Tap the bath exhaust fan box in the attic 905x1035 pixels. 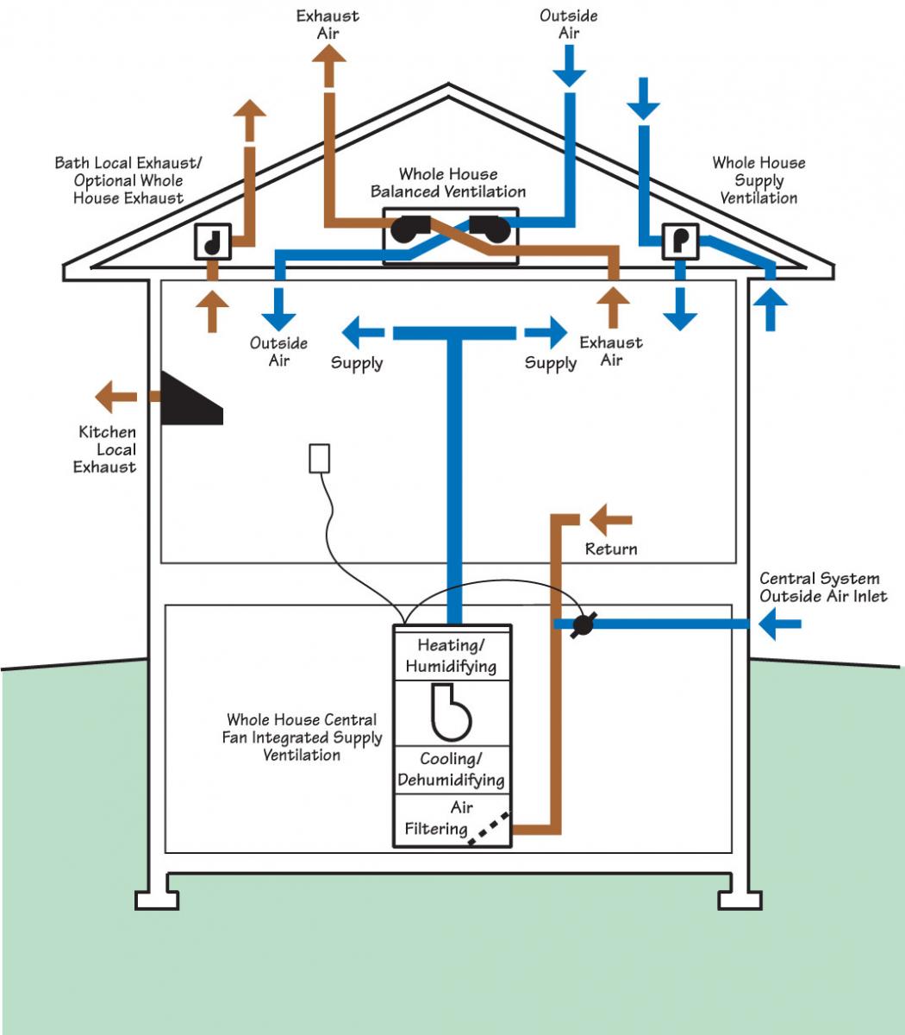[x=213, y=241]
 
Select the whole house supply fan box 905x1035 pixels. [x=681, y=241]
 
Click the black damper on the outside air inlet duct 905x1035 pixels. [x=583, y=624]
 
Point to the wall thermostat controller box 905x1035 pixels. [x=319, y=458]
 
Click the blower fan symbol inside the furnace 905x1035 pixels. [x=451, y=712]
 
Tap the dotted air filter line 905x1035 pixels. [x=489, y=828]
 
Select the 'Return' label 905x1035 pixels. [x=611, y=549]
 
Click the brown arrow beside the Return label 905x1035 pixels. [x=611, y=520]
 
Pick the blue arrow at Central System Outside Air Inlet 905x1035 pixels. [x=780, y=624]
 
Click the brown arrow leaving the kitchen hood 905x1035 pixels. [x=115, y=397]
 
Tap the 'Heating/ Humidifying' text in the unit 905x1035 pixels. [x=451, y=655]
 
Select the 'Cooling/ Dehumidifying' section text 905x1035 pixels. [x=451, y=768]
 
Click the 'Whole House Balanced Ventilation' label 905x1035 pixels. [x=448, y=183]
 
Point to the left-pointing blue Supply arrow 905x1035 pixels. [x=363, y=332]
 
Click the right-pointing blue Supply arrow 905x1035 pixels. [x=546, y=332]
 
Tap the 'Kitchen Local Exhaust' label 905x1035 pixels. [x=104, y=449]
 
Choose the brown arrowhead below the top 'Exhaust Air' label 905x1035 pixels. [x=329, y=53]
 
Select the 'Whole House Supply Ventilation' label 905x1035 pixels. [x=758, y=180]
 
